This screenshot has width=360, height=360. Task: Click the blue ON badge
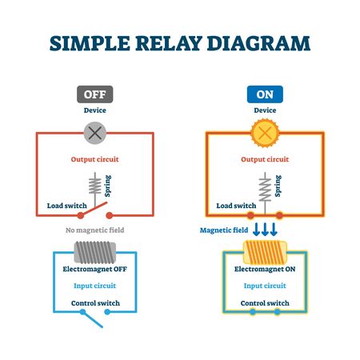tap(265, 95)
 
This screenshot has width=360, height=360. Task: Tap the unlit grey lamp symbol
tap(94, 130)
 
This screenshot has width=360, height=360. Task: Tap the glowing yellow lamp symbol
tap(265, 130)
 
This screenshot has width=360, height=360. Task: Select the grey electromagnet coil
tap(94, 254)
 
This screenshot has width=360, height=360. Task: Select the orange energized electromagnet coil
tap(265, 254)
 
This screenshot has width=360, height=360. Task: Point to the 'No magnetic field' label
tap(94, 231)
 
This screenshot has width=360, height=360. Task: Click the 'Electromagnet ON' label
tap(265, 270)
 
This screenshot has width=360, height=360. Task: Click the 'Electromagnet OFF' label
tap(94, 270)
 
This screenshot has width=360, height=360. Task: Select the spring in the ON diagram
tap(265, 189)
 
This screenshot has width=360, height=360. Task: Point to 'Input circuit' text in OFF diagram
tap(94, 285)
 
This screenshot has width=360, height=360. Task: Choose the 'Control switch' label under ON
tap(265, 303)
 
